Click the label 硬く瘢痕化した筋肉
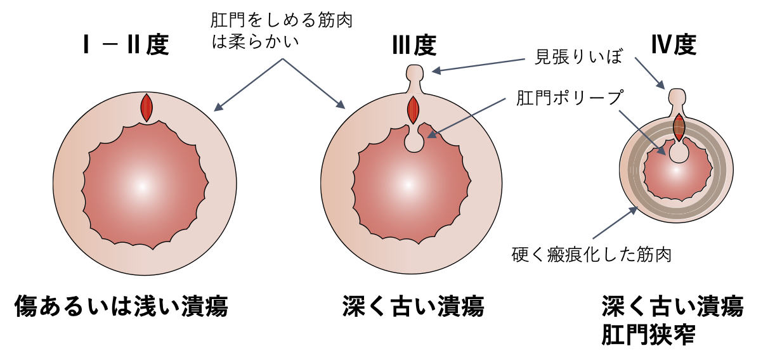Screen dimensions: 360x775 pos(591,255)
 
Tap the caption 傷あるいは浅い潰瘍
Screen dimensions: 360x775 pos(121,306)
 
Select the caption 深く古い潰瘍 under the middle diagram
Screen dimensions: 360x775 pos(413,306)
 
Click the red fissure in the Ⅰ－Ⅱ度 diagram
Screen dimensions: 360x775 pos(147,108)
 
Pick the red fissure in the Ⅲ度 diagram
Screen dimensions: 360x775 pos(414,110)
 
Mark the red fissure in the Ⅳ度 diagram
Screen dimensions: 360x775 pos(679,127)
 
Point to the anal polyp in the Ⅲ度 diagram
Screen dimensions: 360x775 pos(414,141)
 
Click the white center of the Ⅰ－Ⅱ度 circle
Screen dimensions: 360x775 pos(143,186)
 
